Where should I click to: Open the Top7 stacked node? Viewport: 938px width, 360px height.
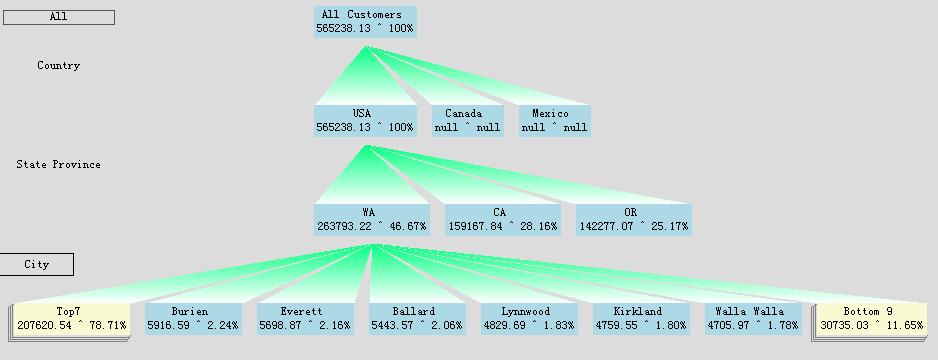point(71,318)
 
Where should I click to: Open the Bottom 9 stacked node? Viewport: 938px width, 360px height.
point(868,318)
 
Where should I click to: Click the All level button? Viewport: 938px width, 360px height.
point(58,17)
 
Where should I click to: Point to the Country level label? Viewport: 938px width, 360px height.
point(58,66)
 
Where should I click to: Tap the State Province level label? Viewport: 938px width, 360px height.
point(58,165)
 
